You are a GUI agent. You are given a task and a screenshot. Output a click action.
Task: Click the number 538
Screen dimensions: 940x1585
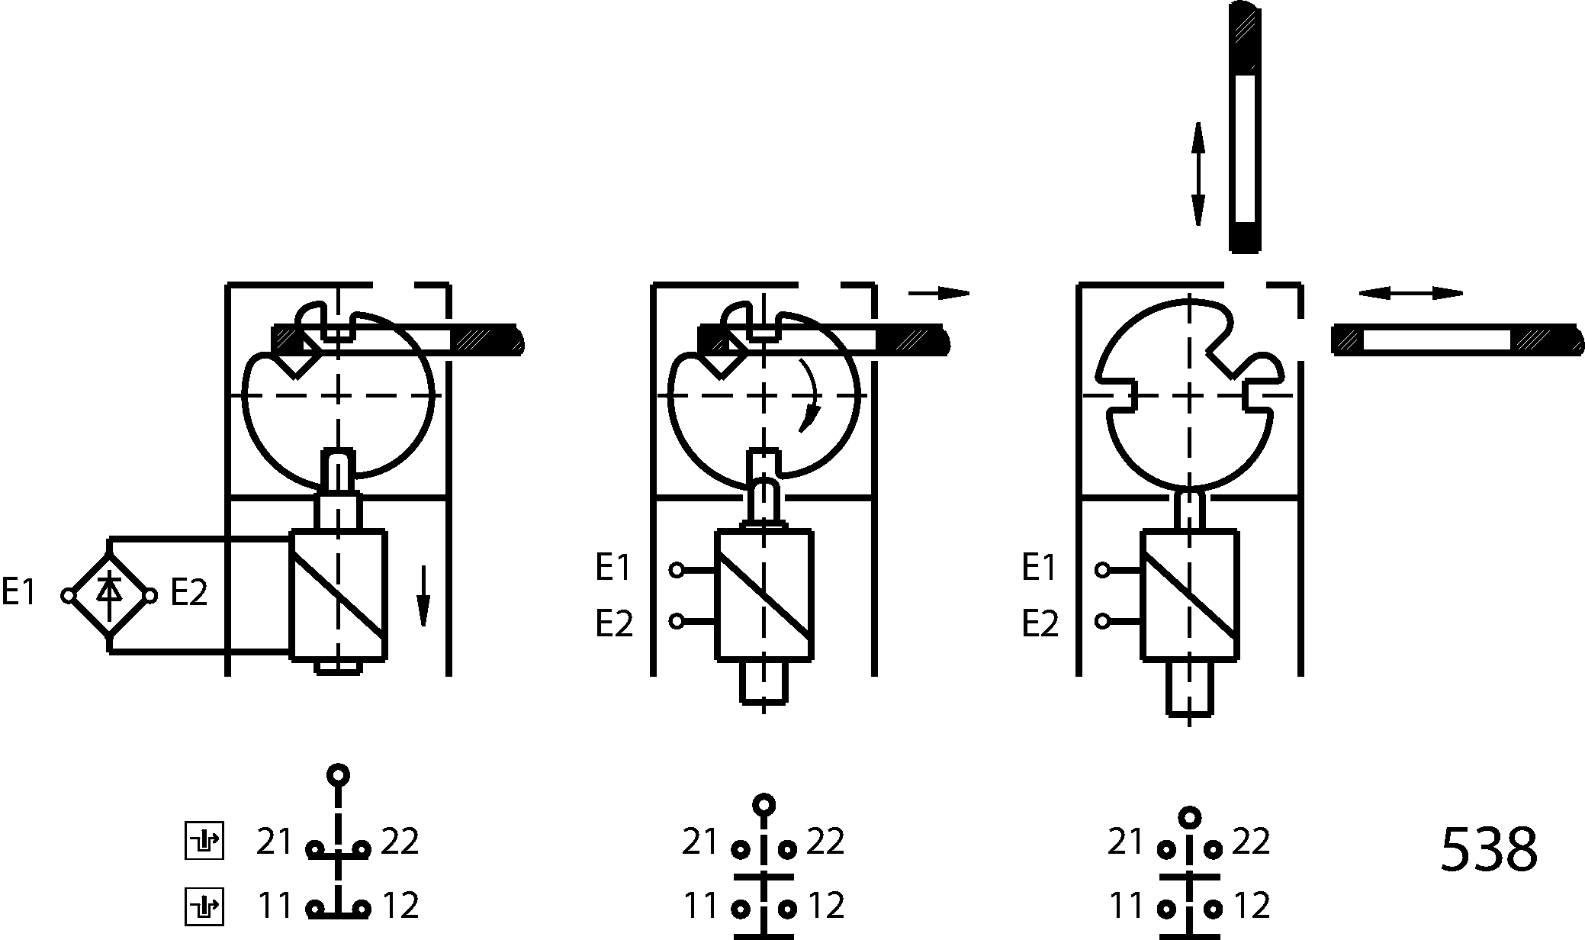coord(1488,849)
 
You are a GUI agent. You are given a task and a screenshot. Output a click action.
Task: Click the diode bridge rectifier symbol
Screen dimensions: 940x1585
coord(109,595)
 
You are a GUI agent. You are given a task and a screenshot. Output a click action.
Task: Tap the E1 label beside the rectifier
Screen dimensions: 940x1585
coord(19,592)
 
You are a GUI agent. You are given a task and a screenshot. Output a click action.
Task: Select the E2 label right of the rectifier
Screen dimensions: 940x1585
coord(188,592)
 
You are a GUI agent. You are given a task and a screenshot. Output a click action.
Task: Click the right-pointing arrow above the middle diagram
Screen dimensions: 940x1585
coord(939,293)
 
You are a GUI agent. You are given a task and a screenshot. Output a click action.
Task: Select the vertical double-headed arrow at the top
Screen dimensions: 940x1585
coord(1198,174)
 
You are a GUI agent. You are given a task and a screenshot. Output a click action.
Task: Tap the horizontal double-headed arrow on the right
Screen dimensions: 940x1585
coord(1410,293)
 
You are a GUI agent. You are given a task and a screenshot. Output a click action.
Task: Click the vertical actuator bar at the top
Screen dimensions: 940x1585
coord(1245,128)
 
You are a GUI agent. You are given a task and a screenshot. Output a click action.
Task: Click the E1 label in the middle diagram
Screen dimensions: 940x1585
coord(614,568)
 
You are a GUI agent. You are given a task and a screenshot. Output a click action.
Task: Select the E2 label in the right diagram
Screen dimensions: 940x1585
coord(1040,623)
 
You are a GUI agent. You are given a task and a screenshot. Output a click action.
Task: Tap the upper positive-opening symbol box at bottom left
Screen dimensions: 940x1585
coord(204,842)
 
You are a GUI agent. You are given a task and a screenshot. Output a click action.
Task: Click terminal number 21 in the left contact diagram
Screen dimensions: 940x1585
coord(275,842)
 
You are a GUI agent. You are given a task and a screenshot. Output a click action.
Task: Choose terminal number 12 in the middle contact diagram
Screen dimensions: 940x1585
coord(826,906)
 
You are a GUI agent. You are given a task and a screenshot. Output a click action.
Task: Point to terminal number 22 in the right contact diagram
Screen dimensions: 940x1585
coord(1251,842)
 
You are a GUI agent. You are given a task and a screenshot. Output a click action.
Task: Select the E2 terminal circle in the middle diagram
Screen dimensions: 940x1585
coord(677,621)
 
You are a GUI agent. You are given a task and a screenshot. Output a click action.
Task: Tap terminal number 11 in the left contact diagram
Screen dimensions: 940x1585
coord(275,906)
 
